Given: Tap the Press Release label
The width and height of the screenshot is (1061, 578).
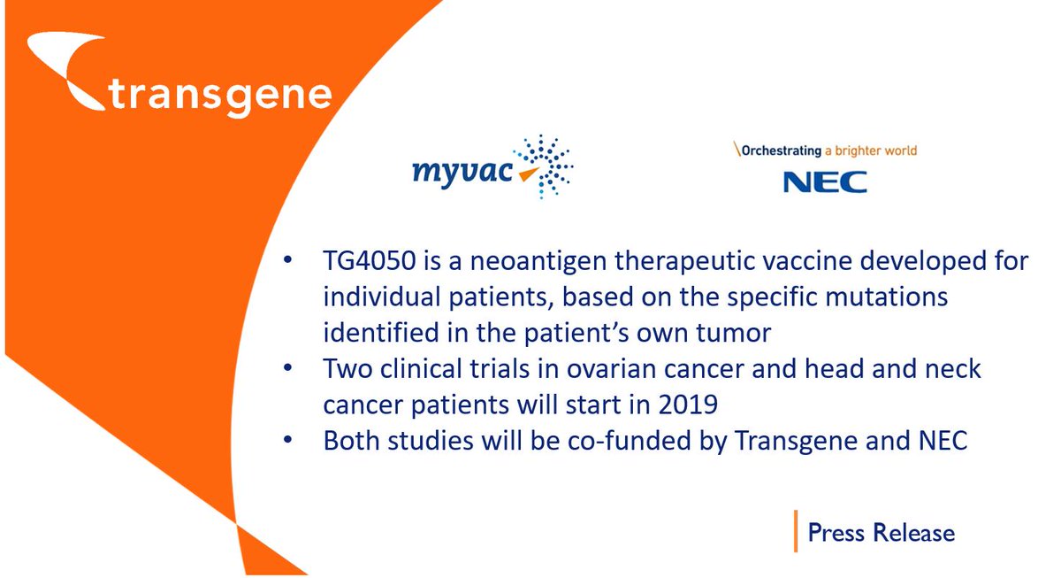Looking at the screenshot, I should pyautogui.click(x=882, y=533).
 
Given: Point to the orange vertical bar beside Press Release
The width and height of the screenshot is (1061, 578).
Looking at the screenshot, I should pyautogui.click(x=795, y=531).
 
